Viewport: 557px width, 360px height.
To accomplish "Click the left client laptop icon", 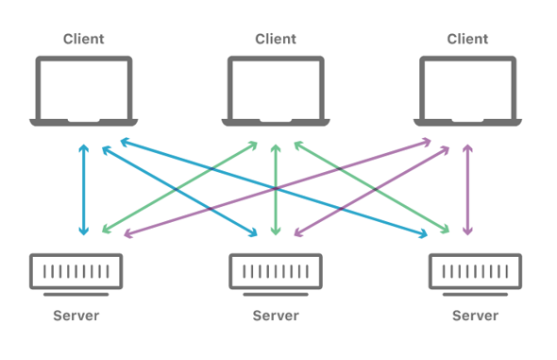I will [84, 91].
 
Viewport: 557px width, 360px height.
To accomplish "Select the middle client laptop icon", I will [276, 91].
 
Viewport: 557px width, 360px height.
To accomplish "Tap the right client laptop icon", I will [467, 91].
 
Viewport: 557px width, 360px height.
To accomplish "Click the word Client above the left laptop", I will [84, 39].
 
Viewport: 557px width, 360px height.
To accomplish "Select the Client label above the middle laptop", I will [276, 39].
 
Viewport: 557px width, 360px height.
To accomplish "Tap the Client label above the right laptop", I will [467, 39].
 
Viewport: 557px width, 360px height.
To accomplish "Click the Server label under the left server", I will [76, 315].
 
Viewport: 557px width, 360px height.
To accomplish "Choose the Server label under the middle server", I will [276, 315].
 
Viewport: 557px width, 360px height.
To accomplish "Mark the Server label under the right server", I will [475, 315].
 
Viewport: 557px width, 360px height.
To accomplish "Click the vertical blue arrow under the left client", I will [84, 189].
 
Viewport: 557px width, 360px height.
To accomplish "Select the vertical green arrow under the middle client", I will [276, 189].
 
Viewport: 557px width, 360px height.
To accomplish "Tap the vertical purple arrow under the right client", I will [467, 189].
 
